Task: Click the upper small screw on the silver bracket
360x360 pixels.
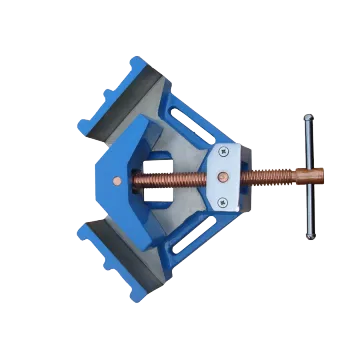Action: (x=221, y=152)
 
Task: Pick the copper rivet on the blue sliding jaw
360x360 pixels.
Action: (x=120, y=181)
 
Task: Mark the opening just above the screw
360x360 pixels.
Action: (x=158, y=163)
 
